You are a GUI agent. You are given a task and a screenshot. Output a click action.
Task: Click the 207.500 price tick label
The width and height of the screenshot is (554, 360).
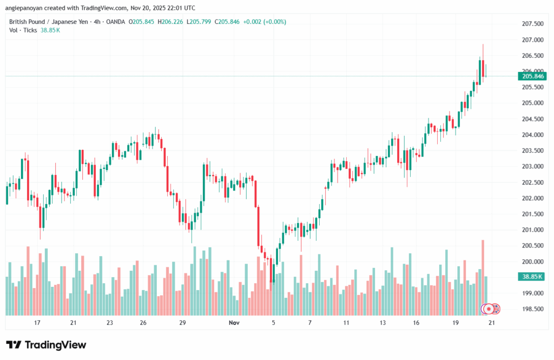coord(532,24)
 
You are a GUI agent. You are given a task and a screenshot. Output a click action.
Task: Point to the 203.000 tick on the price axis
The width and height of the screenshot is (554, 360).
coord(532,166)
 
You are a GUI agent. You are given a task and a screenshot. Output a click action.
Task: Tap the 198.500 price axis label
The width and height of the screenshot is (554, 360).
coord(532,309)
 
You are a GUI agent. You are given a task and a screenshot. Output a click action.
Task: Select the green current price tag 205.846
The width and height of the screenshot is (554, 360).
coord(533,76)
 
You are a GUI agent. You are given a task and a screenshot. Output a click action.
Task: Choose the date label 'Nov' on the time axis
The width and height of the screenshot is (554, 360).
coord(234,323)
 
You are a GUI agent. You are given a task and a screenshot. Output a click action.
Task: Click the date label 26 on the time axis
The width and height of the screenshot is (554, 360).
coord(143,323)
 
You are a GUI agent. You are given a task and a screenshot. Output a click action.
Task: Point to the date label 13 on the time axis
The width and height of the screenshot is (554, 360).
coord(383,323)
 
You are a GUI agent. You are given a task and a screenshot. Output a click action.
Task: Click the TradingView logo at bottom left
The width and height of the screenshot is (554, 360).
coord(46,345)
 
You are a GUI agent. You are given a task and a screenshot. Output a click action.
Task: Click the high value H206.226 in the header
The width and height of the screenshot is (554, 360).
coord(170,22)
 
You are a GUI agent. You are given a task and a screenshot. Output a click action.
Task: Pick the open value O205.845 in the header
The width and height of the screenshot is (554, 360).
coord(141,22)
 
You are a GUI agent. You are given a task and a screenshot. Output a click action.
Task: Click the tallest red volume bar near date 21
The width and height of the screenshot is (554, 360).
coord(483,276)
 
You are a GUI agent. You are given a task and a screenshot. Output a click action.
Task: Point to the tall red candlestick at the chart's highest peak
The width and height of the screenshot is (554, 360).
coord(483,68)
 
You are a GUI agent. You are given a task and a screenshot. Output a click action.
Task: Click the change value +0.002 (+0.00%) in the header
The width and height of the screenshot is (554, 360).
coord(265,22)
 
